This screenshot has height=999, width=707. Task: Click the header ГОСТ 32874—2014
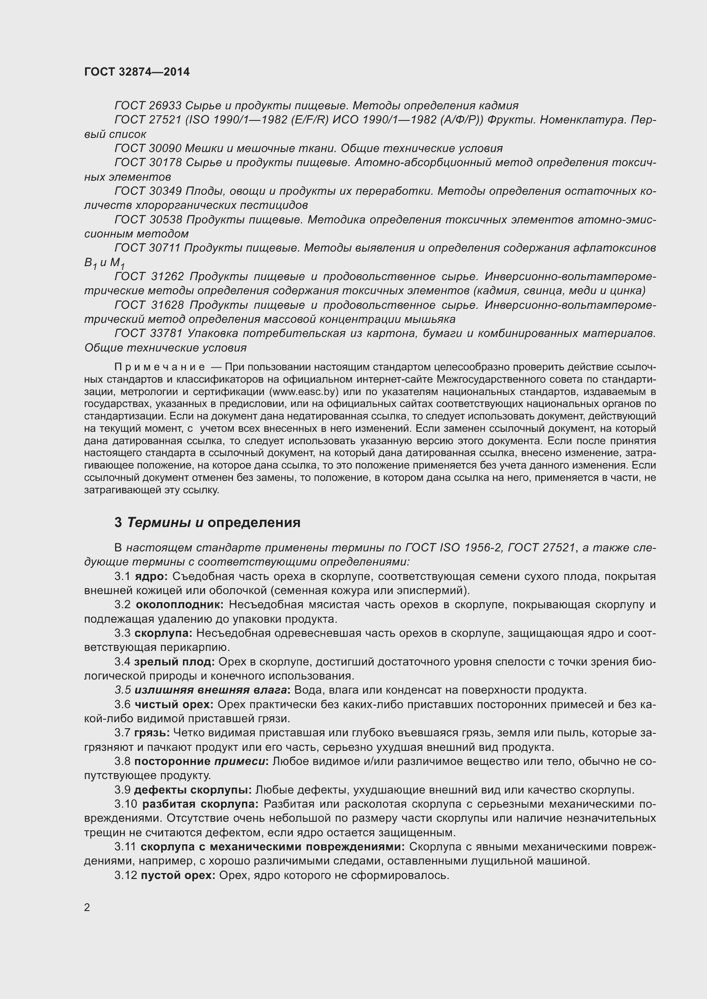tap(137, 72)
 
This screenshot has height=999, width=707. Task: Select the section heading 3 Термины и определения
tap(207, 522)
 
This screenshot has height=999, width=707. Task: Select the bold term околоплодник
tap(180, 605)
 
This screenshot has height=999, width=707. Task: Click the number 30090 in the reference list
tap(165, 148)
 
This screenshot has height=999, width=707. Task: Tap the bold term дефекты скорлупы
tap(193, 790)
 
